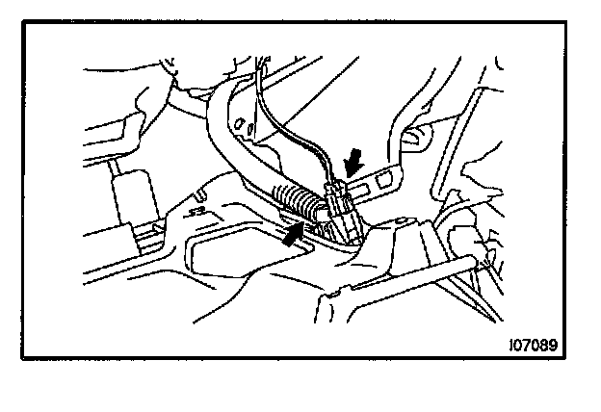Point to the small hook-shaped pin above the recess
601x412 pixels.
[199, 208]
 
